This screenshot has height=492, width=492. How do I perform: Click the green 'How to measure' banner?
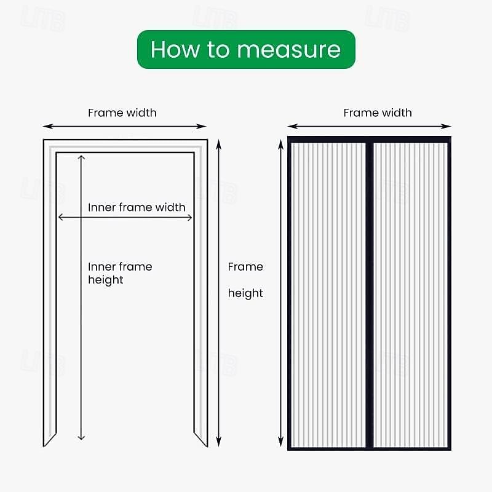[245, 49]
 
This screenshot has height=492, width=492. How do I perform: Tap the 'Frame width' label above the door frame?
[122, 113]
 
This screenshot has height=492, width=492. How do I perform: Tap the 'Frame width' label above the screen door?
[378, 113]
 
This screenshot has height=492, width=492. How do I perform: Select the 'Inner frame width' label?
[137, 207]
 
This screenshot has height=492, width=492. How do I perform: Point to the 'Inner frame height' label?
[119, 273]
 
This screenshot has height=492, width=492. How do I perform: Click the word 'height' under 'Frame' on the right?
[245, 293]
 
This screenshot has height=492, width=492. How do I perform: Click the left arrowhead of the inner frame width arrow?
[59, 216]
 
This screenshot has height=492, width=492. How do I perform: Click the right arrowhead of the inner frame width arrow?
[191, 216]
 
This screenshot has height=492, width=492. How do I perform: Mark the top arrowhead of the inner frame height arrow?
[81, 157]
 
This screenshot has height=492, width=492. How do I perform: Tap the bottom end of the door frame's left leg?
[49, 439]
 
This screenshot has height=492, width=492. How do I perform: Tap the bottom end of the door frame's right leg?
[201, 439]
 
